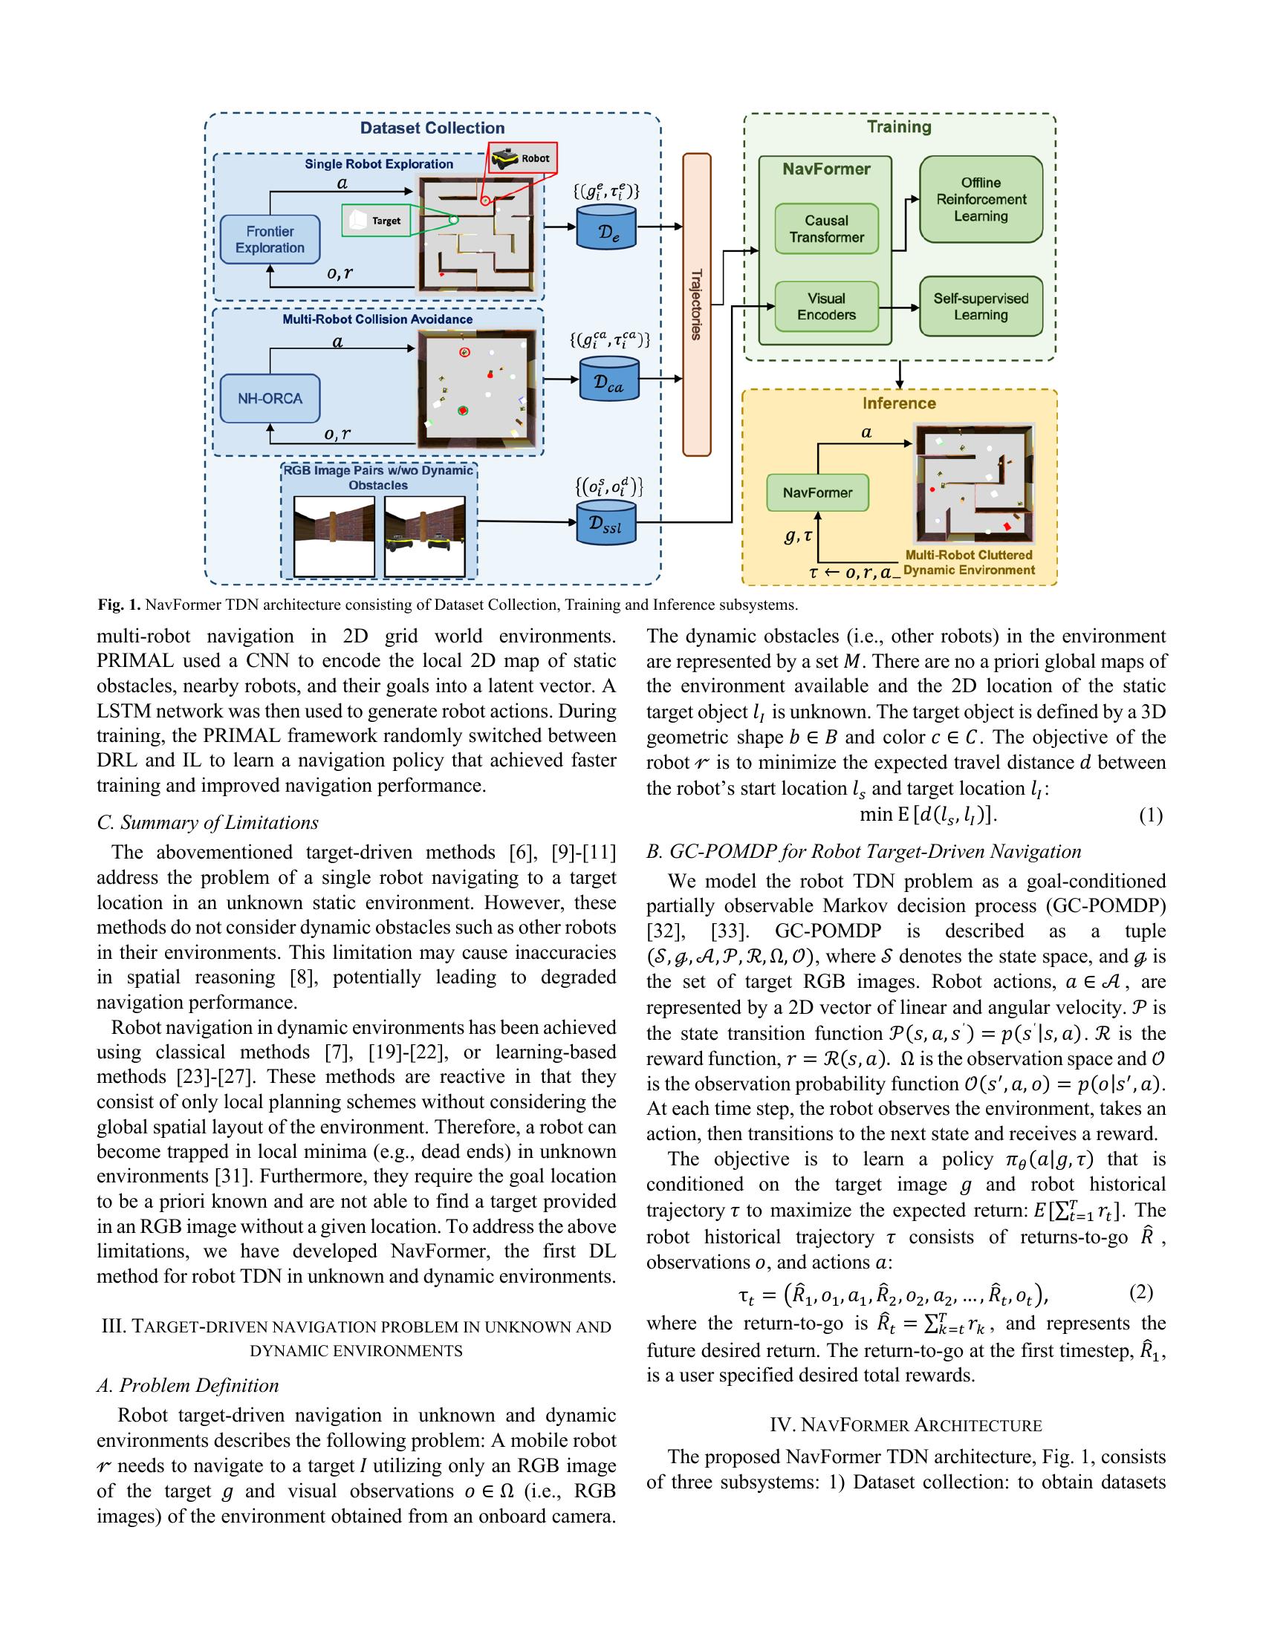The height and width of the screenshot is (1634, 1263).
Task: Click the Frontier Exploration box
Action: (270, 239)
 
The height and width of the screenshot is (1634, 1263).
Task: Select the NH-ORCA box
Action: (270, 399)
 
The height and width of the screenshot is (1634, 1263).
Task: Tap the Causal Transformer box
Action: (826, 229)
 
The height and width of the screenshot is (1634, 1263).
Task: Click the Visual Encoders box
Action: (826, 307)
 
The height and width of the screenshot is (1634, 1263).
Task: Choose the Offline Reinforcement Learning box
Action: (980, 199)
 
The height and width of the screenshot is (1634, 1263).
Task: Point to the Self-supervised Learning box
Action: (980, 307)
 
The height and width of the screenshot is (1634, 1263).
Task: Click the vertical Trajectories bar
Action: (696, 304)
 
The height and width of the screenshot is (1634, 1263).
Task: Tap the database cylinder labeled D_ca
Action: (609, 380)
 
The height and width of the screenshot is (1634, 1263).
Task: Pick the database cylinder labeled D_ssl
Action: (609, 522)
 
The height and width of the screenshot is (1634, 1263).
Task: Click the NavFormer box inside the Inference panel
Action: (817, 493)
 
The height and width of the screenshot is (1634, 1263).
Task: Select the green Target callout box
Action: (377, 221)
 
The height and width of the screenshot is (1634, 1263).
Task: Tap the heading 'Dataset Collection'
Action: (432, 128)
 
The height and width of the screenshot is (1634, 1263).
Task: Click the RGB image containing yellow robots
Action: (424, 537)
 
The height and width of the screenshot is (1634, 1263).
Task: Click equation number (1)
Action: (1150, 816)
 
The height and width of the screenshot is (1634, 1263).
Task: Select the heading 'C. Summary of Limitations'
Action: (207, 822)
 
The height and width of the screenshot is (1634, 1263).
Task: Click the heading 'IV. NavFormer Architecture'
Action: (906, 1425)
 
